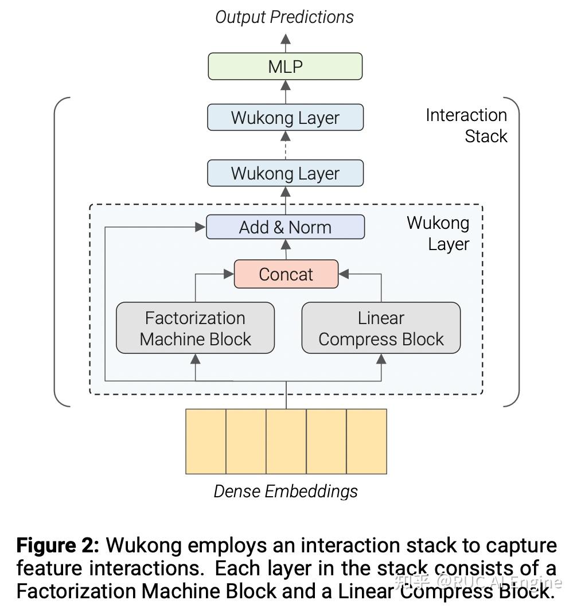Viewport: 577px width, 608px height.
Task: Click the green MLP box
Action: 285,67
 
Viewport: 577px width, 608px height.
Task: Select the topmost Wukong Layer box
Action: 285,118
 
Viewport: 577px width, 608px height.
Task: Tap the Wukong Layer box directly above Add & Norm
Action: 285,173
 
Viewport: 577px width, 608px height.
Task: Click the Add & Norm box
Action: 285,227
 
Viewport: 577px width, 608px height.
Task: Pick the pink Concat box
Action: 286,274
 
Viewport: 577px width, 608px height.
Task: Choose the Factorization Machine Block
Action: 195,328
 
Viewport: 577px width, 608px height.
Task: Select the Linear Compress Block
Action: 381,328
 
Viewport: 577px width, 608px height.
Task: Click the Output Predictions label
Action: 284,17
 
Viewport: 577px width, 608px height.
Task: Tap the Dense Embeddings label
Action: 286,491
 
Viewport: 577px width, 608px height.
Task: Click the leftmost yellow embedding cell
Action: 206,441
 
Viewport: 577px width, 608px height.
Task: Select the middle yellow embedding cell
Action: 286,441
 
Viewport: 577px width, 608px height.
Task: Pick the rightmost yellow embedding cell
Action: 367,441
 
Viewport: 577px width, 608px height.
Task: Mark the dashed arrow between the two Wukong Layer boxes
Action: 286,146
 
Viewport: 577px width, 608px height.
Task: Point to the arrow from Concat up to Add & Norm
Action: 286,250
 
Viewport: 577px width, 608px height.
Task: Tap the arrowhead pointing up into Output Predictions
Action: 286,39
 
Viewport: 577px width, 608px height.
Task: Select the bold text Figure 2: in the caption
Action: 58,545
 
